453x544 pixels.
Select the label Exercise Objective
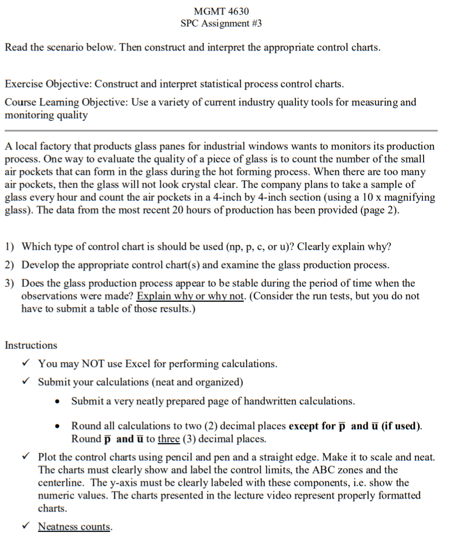[x=48, y=84]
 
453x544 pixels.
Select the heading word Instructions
[x=31, y=345]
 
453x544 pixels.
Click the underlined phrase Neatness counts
[x=75, y=527]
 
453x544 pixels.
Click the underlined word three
[x=169, y=439]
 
